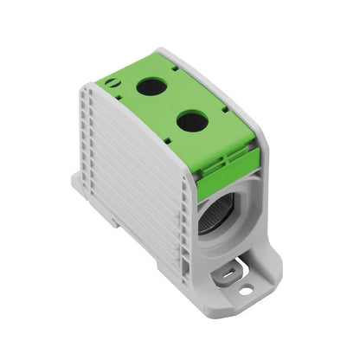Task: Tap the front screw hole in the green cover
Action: pyautogui.click(x=191, y=122)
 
